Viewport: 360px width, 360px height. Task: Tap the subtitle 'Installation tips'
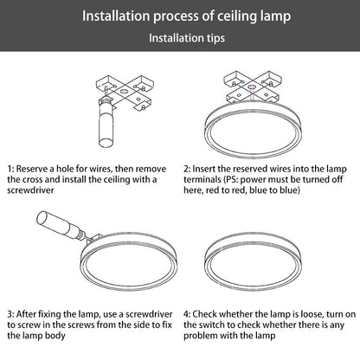187,38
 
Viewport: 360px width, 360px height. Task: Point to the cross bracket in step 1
125,93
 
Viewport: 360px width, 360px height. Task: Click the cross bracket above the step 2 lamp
253,87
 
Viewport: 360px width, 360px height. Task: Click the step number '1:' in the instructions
10,169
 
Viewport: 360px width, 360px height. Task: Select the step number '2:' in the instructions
187,169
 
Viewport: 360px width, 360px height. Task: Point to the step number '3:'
10,314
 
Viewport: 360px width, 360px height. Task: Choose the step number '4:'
187,314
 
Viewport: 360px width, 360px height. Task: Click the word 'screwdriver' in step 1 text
30,190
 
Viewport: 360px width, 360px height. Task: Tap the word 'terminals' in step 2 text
202,180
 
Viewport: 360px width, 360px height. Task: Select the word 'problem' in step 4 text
200,336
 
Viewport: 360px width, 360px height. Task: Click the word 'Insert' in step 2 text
204,169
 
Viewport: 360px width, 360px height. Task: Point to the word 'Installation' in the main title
116,16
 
